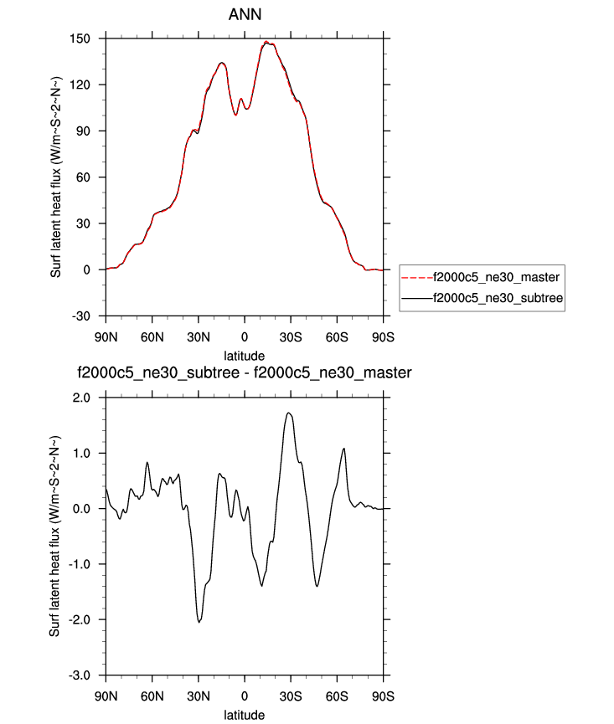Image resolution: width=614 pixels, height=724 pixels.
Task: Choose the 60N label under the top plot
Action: (x=152, y=336)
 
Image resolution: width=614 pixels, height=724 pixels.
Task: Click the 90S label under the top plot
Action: (x=383, y=336)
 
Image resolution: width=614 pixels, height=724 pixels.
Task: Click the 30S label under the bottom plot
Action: (x=291, y=696)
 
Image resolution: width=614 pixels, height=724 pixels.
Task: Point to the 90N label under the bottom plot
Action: (x=106, y=696)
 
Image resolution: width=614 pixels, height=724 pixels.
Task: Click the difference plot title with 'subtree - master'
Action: (x=244, y=372)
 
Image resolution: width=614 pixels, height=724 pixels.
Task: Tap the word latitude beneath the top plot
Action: (x=244, y=356)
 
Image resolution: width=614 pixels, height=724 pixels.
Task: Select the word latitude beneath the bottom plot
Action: (x=244, y=715)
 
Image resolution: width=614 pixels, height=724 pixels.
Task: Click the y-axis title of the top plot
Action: (x=56, y=177)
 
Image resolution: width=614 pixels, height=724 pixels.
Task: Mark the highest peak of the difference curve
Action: (x=289, y=413)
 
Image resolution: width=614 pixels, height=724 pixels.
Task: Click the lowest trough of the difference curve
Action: (x=199, y=622)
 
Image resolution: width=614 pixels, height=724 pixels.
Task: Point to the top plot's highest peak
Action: (x=266, y=42)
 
